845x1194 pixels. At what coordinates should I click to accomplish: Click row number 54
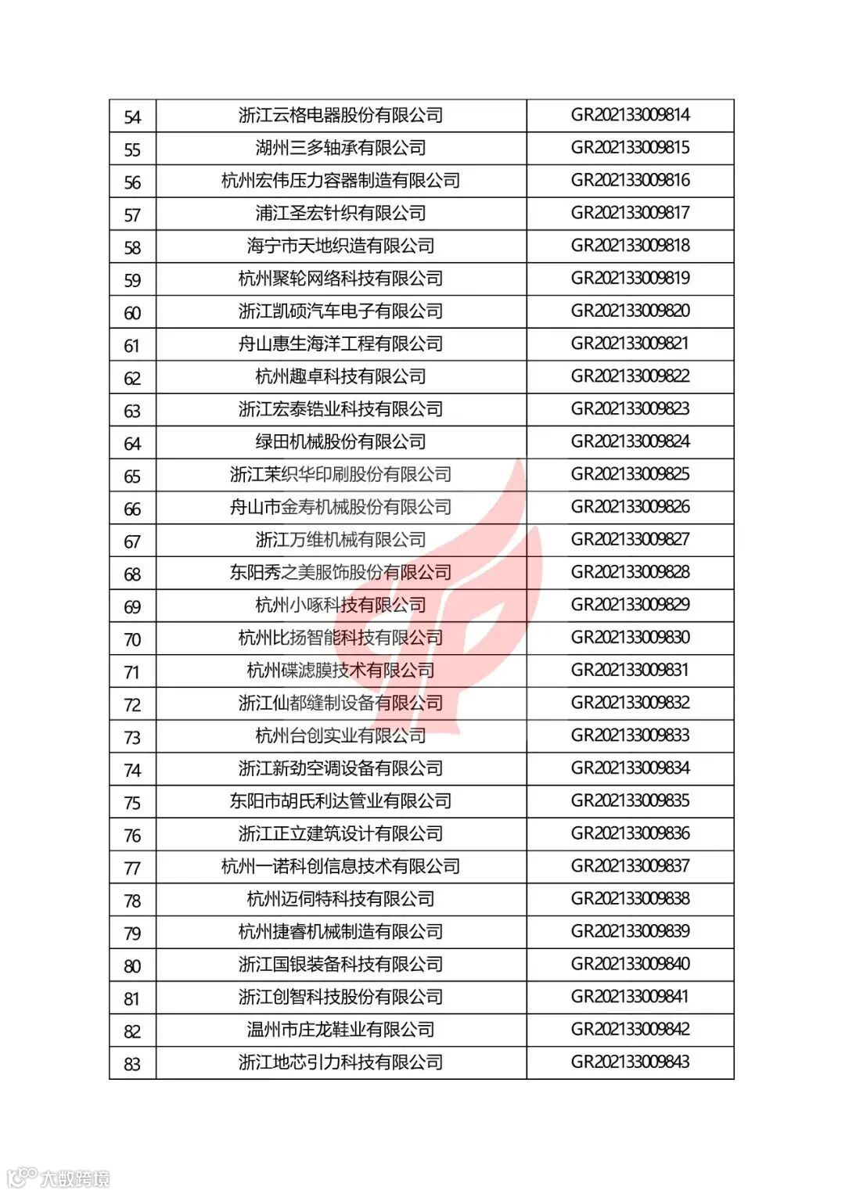132,117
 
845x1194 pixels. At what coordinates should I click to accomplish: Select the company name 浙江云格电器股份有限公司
340,116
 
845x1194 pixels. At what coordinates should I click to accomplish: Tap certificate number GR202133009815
630,148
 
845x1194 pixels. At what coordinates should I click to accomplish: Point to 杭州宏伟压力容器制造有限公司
340,181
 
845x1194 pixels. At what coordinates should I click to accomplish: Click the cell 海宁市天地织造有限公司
340,246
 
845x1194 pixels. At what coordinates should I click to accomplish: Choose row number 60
132,313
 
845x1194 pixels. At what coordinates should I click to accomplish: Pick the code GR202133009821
630,343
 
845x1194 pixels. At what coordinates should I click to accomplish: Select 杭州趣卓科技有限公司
340,376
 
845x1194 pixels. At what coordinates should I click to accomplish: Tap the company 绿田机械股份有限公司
340,442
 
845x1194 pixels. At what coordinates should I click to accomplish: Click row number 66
132,509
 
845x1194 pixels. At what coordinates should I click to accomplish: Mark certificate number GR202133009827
630,540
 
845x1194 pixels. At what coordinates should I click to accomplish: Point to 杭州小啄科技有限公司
340,605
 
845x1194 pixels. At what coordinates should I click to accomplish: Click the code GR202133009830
630,638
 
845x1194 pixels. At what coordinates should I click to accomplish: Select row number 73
132,738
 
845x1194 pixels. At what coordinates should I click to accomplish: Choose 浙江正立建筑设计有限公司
340,834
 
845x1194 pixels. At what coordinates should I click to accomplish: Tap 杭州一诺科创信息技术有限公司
340,867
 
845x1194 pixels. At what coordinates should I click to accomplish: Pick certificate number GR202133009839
630,932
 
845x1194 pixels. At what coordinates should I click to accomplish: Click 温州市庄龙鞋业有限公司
340,1030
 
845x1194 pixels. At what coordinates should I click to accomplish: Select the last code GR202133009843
630,1063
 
